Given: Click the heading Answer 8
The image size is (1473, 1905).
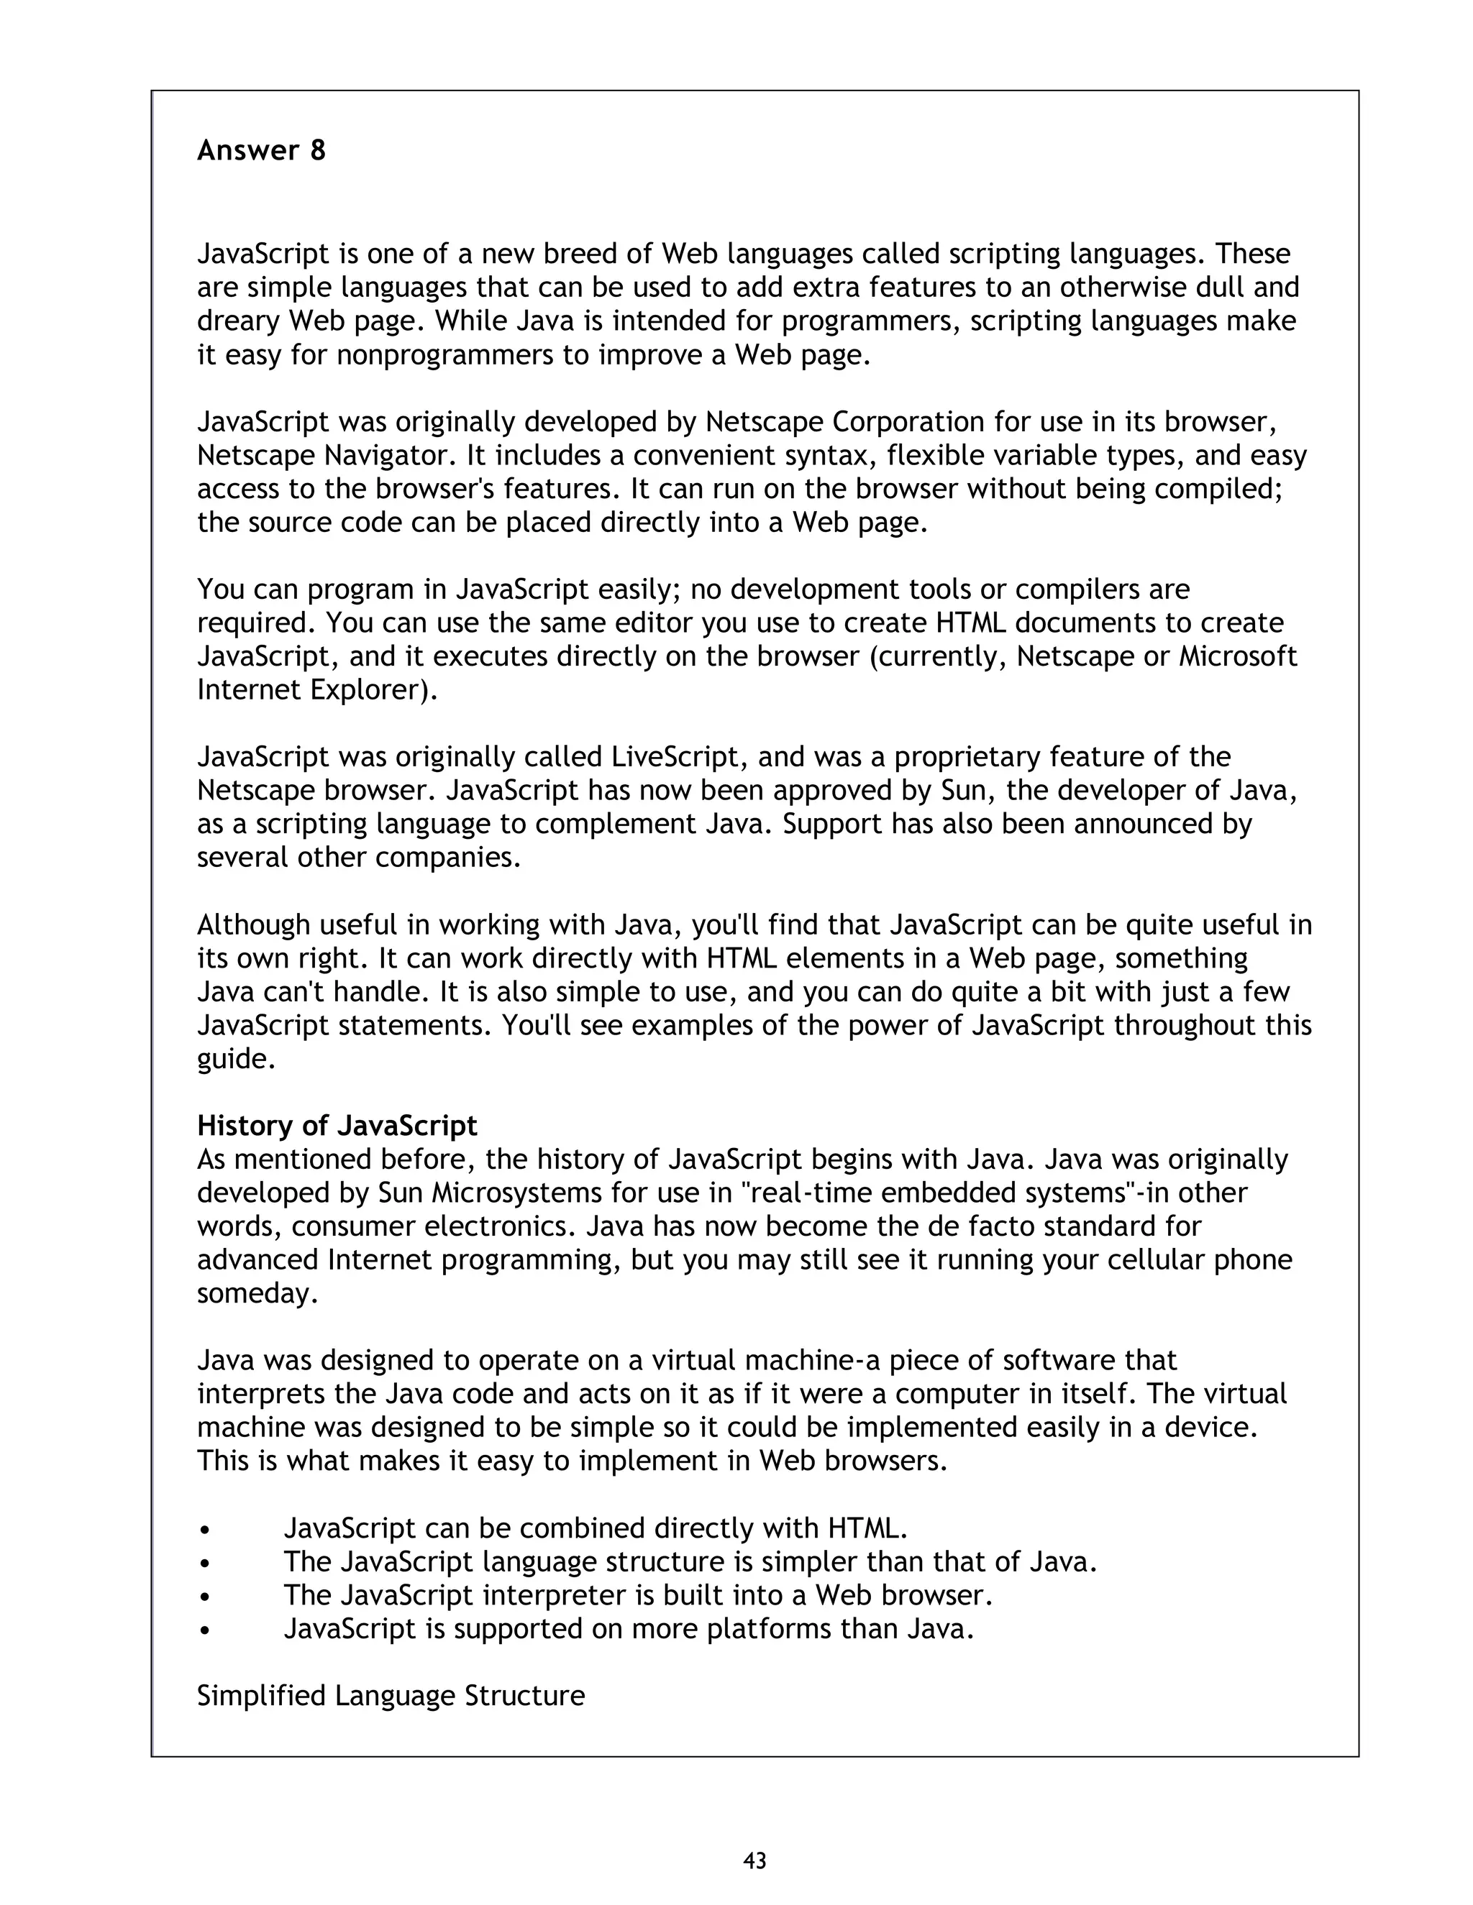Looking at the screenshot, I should (x=261, y=151).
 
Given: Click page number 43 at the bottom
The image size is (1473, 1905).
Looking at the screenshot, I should (x=754, y=1860).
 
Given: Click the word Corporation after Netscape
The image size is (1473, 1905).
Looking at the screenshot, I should (x=908, y=422).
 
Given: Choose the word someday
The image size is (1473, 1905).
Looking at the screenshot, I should (x=253, y=1293).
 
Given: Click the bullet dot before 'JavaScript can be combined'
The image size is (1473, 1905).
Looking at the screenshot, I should (x=204, y=1530).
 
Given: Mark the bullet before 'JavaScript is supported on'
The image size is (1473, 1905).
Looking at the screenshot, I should (x=204, y=1630).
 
